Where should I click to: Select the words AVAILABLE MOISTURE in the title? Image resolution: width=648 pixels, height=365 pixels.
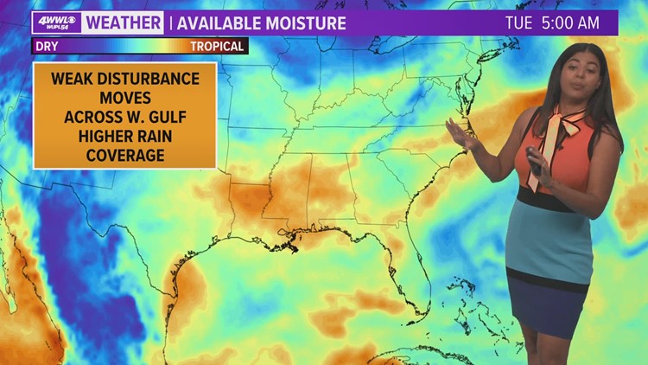click(x=262, y=23)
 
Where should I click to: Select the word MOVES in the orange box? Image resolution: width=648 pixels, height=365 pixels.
click(x=124, y=99)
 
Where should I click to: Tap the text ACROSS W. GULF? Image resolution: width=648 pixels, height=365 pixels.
click(x=124, y=118)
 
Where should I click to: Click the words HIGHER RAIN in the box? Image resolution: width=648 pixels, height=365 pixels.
click(x=124, y=137)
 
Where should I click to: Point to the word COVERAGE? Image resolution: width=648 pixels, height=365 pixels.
click(x=124, y=156)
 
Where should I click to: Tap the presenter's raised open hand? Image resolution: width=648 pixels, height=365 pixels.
click(x=461, y=134)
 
